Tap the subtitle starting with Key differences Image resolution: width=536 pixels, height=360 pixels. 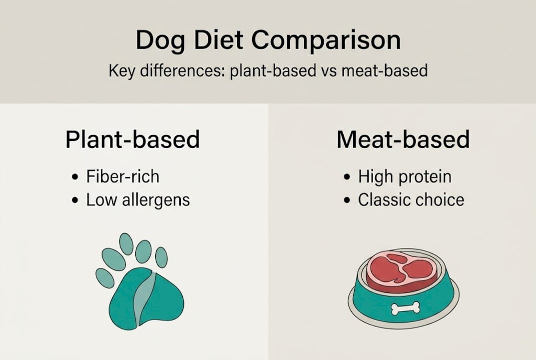(x=268, y=70)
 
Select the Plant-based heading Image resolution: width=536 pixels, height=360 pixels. (x=132, y=140)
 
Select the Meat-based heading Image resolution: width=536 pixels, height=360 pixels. (x=403, y=140)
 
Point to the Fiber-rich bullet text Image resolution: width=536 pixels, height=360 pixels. (x=122, y=176)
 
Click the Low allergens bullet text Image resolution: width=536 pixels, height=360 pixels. (x=138, y=200)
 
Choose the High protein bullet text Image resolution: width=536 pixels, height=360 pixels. (x=405, y=176)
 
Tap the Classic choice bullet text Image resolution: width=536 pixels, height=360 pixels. (x=411, y=200)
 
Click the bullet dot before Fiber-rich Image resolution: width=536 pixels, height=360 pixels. (x=75, y=177)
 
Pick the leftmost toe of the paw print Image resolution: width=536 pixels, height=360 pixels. (x=104, y=278)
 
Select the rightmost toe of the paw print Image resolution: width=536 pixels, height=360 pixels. (x=161, y=257)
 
